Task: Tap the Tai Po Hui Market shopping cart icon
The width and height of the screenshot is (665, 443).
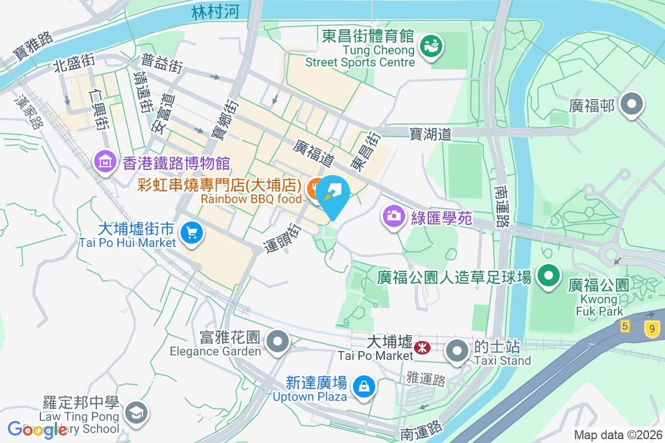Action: pos(192,232)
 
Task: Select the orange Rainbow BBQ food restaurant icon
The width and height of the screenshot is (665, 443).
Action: pos(315,189)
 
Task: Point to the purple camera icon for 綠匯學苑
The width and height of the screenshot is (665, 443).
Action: pos(393,215)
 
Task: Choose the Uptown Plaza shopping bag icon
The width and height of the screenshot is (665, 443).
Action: pos(365,387)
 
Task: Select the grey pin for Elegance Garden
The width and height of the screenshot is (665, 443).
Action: pos(278,341)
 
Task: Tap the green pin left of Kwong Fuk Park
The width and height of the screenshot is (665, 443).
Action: pos(549,275)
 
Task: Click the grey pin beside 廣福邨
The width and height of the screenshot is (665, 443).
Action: pos(631,104)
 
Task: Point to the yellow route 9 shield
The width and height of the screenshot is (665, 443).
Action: pos(652,329)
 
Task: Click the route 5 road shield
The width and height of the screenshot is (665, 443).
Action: pos(626,326)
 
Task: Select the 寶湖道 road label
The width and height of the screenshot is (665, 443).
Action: pos(431,133)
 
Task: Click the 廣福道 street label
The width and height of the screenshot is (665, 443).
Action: pos(314,153)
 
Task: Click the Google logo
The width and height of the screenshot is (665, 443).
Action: pos(37,429)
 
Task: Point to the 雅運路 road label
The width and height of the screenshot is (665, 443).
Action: pos(426,380)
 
